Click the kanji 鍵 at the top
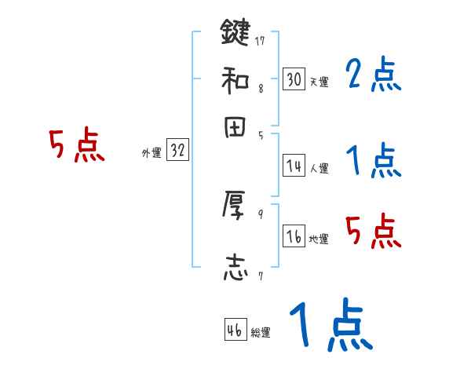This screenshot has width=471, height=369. (235, 33)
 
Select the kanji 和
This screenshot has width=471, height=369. (235, 79)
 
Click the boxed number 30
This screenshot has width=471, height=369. (294, 79)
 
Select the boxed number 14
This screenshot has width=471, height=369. (294, 166)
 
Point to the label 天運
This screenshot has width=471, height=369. (319, 82)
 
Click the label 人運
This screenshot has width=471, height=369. (319, 168)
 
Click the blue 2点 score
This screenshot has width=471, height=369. (373, 75)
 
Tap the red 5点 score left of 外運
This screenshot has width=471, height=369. (77, 146)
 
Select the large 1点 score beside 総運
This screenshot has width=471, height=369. (330, 326)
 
